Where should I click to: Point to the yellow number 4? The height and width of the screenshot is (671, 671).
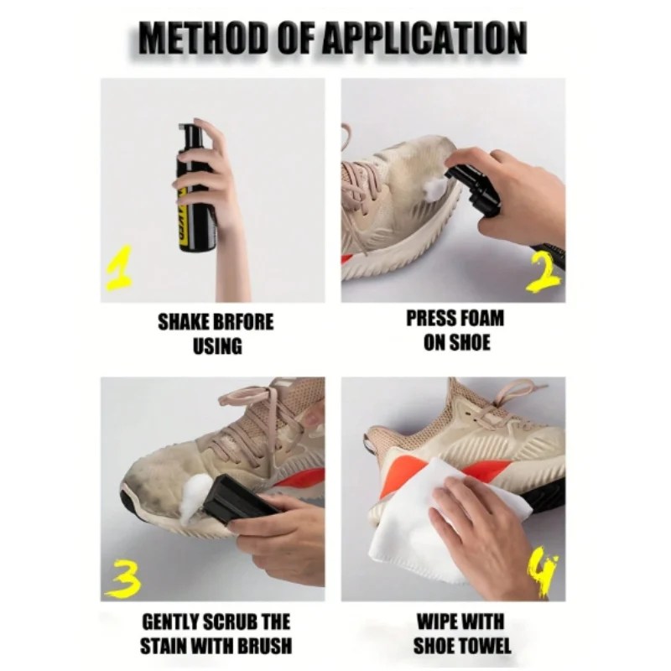point(543,575)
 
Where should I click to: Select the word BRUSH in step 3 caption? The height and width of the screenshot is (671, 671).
point(265,646)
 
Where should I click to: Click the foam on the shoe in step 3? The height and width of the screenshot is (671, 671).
point(196,498)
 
